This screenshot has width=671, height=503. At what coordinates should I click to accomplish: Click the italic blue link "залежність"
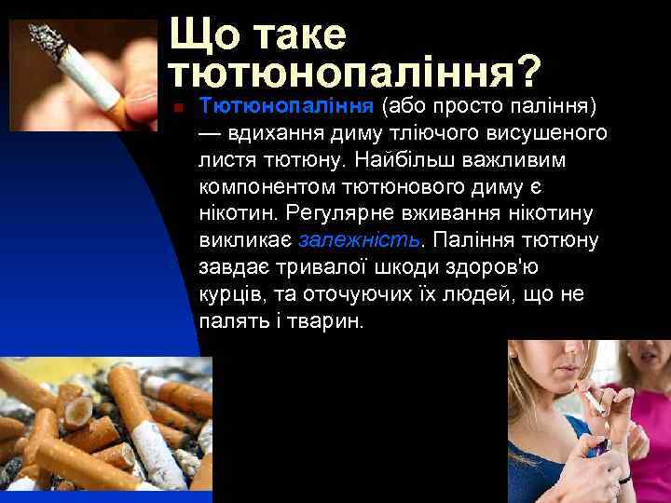359,240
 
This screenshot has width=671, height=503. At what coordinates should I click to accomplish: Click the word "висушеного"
555,133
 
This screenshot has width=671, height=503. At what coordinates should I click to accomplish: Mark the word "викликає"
245,240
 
